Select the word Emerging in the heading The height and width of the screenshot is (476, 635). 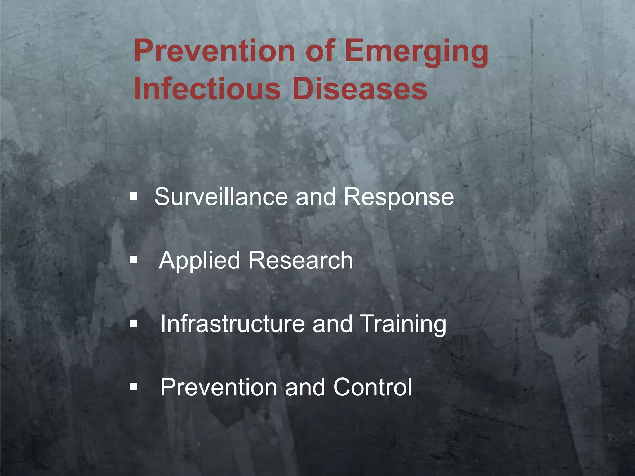pos(416,53)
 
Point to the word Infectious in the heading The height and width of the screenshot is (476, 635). pos(207,89)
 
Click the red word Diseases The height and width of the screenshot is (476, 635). pos(360,89)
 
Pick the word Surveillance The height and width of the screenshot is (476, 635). pos(221,197)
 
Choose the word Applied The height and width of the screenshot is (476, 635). pos(199,261)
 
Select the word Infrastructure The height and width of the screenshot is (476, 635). pos(233,324)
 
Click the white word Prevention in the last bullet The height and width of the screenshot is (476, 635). pos(219,387)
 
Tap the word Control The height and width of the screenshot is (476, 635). pos(372,387)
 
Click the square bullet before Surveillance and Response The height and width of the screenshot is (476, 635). pos(134,196)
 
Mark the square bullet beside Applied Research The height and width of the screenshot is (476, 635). pos(134,259)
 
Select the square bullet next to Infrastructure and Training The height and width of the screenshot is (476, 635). pos(134,324)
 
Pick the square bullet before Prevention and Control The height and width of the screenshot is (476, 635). pos(134,387)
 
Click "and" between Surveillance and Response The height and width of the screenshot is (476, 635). pos(316,197)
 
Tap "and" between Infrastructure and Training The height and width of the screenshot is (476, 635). pos(333,324)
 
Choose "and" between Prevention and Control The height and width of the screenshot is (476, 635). pos(305,387)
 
